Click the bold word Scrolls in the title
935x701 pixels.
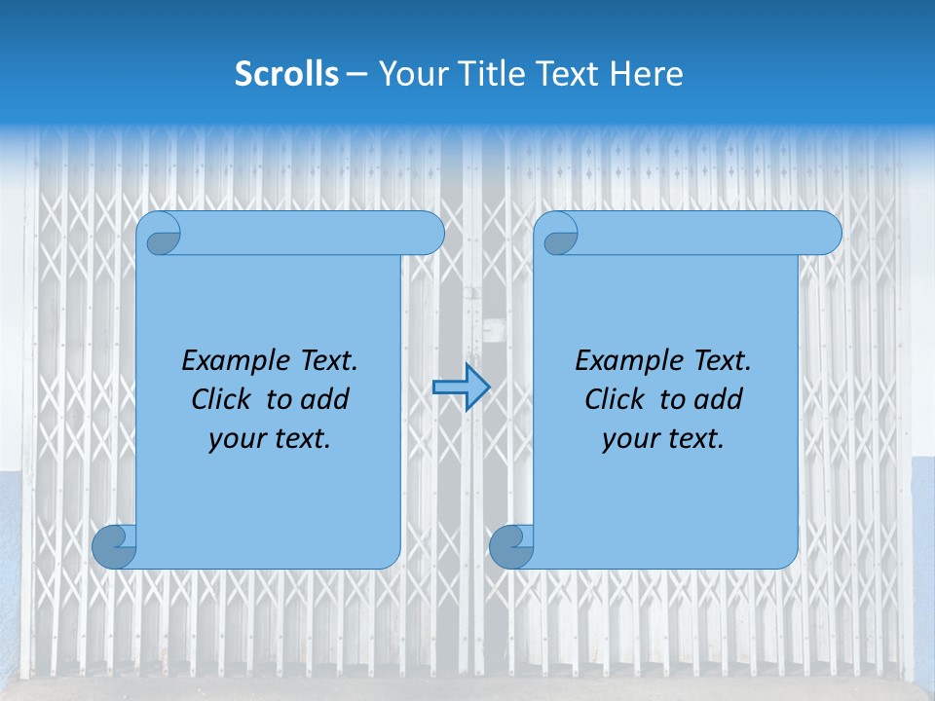point(286,74)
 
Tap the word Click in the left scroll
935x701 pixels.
point(221,399)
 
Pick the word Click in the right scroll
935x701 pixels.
point(615,399)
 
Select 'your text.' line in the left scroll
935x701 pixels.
point(270,439)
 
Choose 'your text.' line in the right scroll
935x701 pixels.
point(663,439)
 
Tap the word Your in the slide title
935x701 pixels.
point(409,74)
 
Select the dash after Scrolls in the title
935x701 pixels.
point(356,74)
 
